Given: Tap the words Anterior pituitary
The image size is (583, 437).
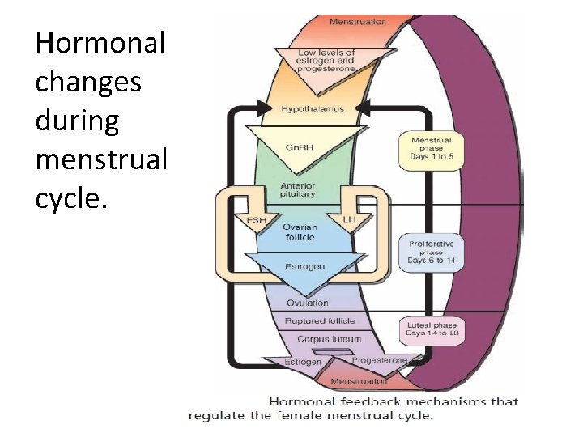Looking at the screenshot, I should pos(298,190).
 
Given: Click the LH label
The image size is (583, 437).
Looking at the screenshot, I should pos(350,220).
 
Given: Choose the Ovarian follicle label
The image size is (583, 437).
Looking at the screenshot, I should pos(300,231).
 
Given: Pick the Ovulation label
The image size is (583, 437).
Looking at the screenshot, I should pos(307,303).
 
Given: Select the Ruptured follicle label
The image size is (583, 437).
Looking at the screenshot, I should pos(319,321).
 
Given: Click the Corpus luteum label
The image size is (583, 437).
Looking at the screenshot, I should pos(329,340).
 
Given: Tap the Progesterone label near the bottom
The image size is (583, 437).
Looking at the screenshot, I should pos(380,360).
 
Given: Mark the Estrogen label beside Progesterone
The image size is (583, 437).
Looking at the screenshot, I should pos(303,362).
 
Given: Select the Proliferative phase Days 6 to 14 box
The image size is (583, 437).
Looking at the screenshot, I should pos(431,252).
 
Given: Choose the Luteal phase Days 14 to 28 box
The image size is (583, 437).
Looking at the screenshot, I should pos(431,328).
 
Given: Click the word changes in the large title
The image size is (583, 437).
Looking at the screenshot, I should pos(87,82).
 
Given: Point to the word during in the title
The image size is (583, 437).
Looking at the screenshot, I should pos(77,121).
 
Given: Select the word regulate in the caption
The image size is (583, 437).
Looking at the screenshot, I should pos(214,416).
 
